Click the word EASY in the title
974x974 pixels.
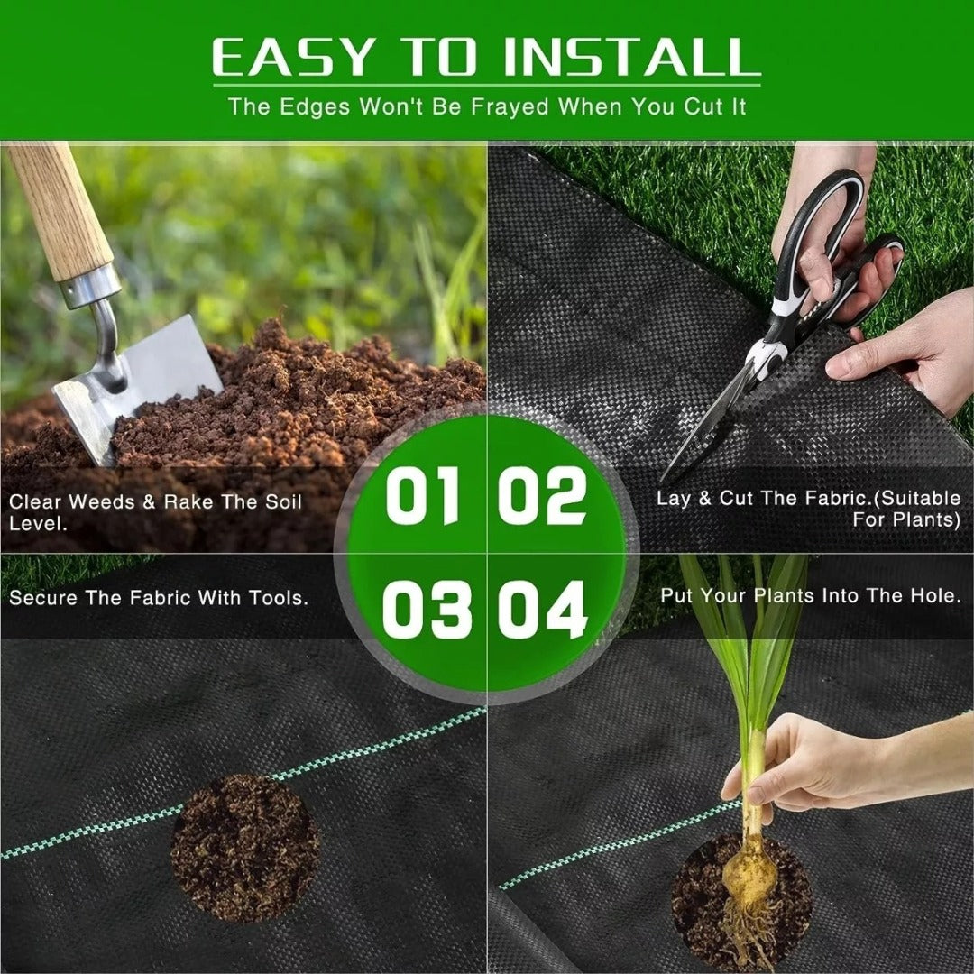tap(291, 58)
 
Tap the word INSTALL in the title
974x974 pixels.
tap(631, 58)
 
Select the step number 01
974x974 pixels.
tap(423, 496)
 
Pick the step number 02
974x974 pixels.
tap(543, 496)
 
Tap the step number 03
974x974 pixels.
tap(426, 610)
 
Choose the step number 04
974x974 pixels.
tap(543, 610)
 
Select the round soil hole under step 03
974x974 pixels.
tap(244, 847)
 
